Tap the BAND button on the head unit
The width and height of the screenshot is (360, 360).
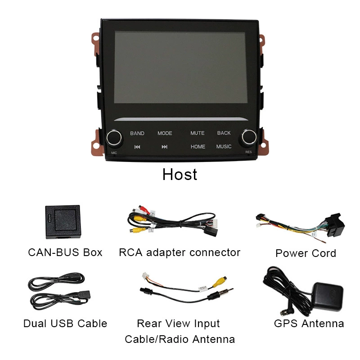(137, 133)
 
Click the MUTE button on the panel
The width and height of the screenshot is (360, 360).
(197, 133)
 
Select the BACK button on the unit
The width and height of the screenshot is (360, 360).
(224, 133)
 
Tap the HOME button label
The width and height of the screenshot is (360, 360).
(198, 147)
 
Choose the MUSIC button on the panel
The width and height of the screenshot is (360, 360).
(224, 147)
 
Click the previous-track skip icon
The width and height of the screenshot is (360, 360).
(137, 147)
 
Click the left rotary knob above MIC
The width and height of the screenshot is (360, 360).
(114, 138)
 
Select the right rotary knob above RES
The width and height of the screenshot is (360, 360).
(249, 138)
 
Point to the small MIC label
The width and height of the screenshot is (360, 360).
(114, 153)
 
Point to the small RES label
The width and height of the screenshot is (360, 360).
(248, 152)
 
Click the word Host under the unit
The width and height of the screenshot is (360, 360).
(180, 175)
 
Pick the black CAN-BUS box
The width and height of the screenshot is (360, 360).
(63, 222)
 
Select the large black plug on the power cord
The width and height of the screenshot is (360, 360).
(334, 225)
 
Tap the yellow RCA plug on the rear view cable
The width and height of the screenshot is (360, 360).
(220, 282)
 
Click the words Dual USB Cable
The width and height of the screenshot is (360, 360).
(65, 324)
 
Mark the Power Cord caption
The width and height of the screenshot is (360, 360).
(306, 253)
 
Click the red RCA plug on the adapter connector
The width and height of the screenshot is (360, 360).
(144, 209)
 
